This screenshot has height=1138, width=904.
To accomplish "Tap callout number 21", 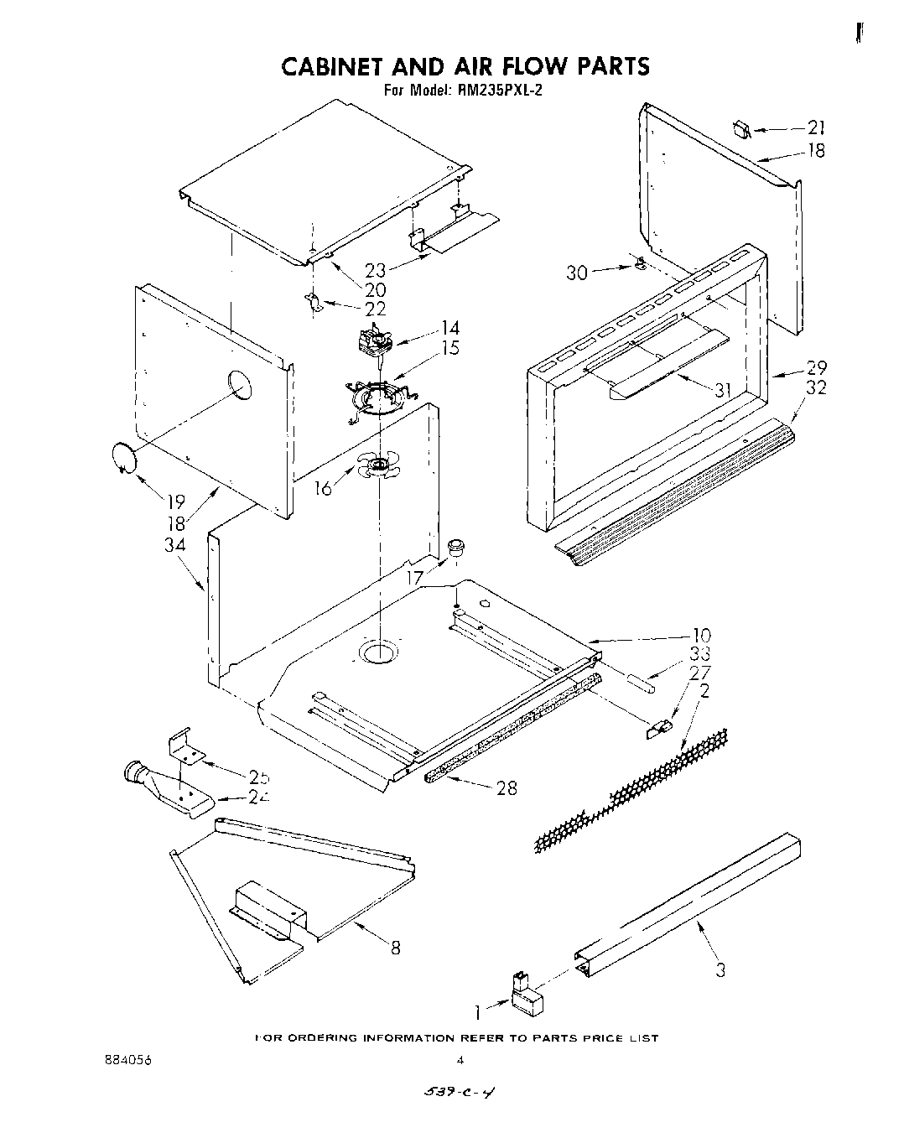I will point(816,128).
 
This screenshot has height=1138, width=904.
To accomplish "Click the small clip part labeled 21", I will point(741,129).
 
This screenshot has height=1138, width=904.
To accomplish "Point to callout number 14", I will point(450,328).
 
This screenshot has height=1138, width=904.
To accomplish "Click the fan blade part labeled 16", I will point(379,466).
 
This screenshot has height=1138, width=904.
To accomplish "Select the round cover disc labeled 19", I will point(124,458).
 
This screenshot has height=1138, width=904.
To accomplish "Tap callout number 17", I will point(415,578).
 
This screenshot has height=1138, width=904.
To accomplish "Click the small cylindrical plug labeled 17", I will point(456,548).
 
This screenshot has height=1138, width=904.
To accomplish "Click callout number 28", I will point(507,787).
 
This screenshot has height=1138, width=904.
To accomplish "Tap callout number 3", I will point(719,969).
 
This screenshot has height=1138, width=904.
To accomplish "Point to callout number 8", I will point(395,948).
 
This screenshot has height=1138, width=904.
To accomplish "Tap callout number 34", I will point(175,545).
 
